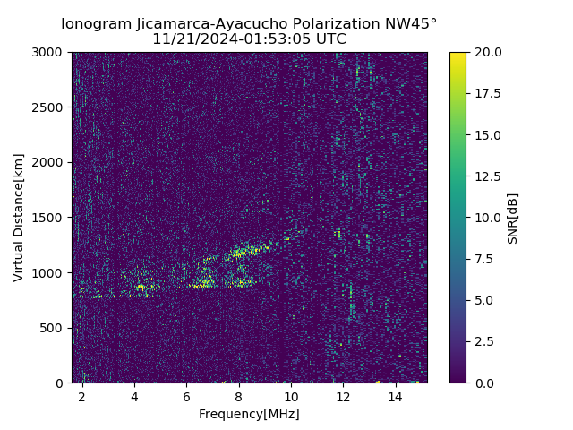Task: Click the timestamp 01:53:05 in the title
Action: click(x=273, y=39)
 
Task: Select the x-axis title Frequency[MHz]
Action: click(x=249, y=414)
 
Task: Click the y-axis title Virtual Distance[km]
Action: click(x=19, y=217)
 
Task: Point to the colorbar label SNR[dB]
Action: click(x=513, y=218)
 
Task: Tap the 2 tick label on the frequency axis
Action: click(x=82, y=396)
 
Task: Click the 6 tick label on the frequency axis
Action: click(x=186, y=396)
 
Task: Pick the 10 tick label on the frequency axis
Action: click(x=291, y=396)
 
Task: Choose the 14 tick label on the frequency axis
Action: click(x=395, y=396)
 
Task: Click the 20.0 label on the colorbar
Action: click(x=487, y=52)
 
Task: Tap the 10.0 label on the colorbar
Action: click(x=487, y=218)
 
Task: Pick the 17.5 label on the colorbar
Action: click(x=487, y=93)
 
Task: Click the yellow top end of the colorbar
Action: click(x=458, y=55)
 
